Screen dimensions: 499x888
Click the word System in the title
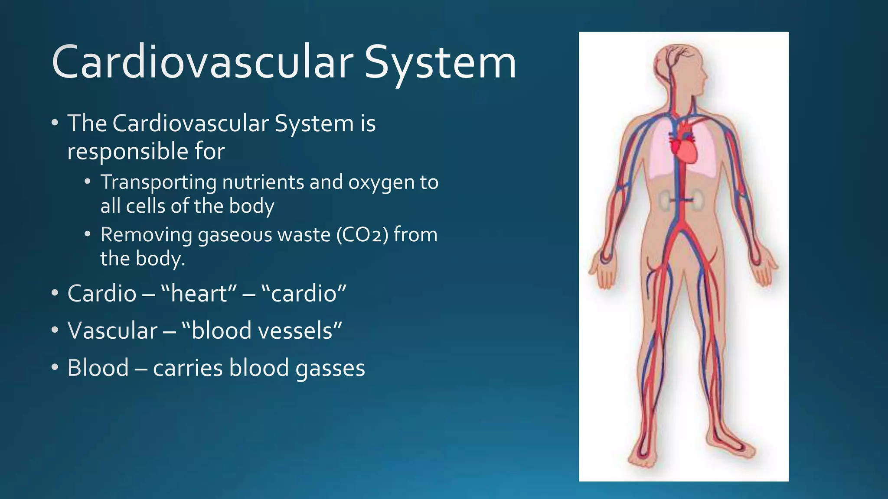pyautogui.click(x=440, y=63)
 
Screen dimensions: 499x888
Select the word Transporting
pyautogui.click(x=158, y=182)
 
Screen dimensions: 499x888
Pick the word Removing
pyautogui.click(x=146, y=235)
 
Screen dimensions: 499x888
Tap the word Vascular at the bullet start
pyautogui.click(x=112, y=331)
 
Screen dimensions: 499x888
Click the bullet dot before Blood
pyautogui.click(x=54, y=367)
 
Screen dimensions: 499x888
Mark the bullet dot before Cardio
pyautogui.click(x=54, y=293)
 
